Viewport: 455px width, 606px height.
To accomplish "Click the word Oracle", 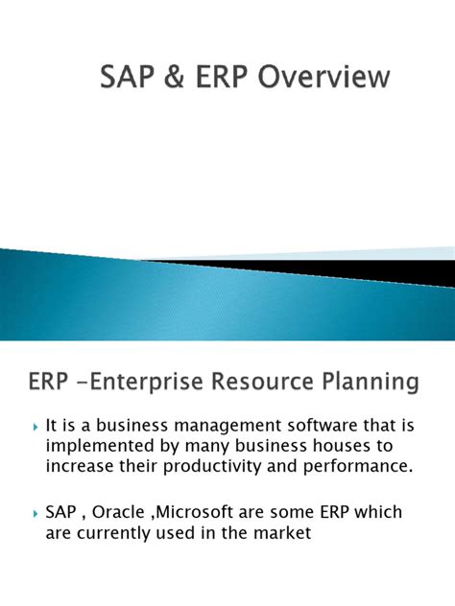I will tap(122, 513).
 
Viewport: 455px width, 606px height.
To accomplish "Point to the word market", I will tap(281, 534).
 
